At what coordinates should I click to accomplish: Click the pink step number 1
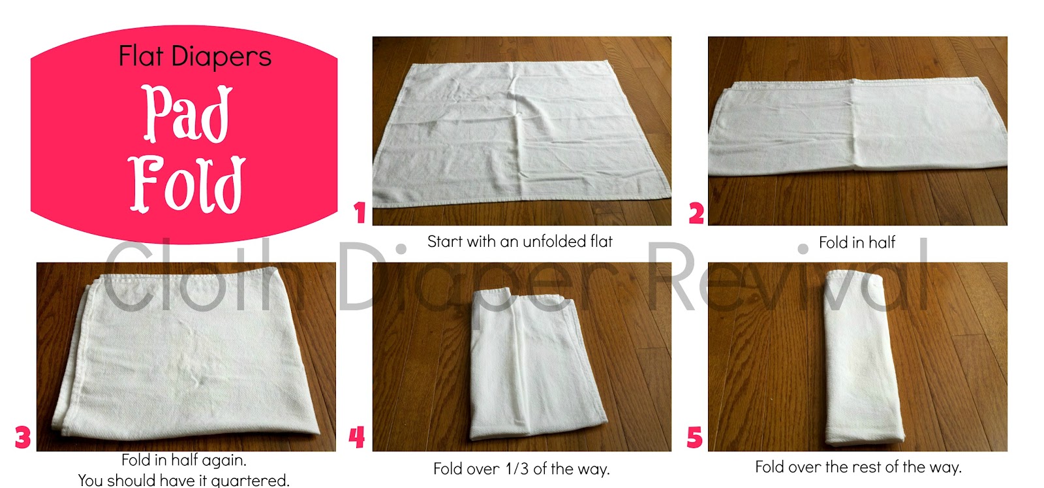(x=360, y=213)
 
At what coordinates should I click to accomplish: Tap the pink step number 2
(x=696, y=214)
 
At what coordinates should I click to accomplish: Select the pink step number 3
(x=23, y=437)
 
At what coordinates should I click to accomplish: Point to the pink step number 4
(x=356, y=437)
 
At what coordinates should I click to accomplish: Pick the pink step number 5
(x=695, y=437)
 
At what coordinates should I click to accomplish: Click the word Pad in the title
(x=187, y=114)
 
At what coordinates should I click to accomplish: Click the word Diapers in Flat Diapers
(x=221, y=57)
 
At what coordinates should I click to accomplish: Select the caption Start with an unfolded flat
(x=519, y=242)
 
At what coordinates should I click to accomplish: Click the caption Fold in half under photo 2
(x=857, y=243)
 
